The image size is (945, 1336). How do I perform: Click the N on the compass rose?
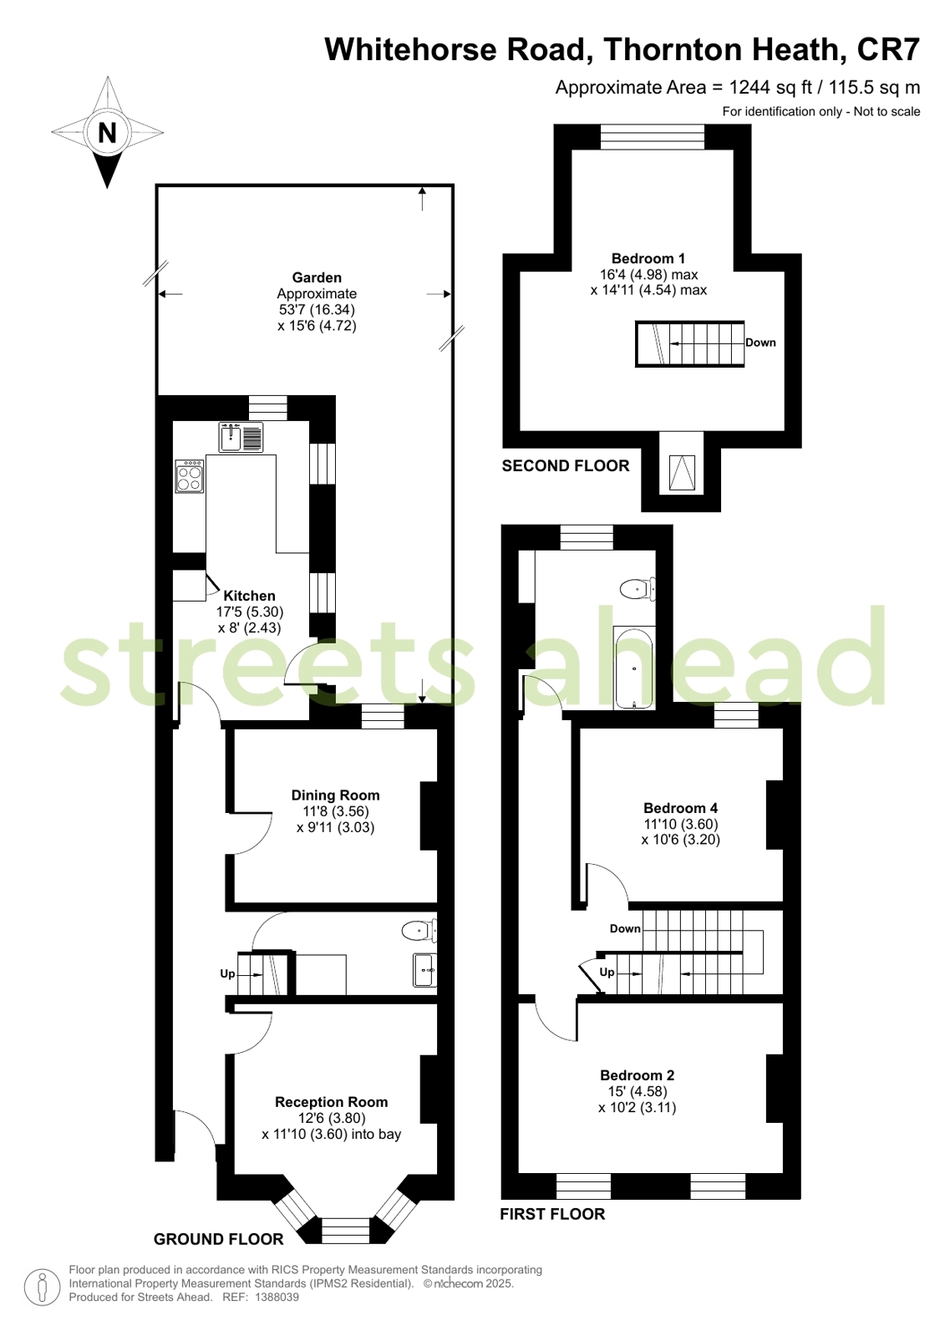108,132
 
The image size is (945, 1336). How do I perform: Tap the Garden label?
317,277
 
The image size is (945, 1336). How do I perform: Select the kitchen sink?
241,437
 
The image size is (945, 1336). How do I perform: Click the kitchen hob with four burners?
190,476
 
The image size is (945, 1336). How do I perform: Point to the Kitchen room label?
249,596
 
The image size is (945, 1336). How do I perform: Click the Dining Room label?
335,795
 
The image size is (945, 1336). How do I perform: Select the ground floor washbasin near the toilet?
424,970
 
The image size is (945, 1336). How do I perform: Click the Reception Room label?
331,1102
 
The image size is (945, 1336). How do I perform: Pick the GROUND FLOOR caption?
219,1239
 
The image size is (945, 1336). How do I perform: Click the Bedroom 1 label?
648,258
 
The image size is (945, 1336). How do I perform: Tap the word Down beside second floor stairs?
760,343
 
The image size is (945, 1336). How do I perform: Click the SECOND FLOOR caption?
566,466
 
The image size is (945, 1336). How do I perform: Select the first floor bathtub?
634,668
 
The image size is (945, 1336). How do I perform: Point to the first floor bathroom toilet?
638,590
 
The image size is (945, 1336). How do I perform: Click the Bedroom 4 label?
681,808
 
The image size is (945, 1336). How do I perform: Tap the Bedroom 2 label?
638,1075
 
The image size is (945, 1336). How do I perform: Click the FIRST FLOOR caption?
552,1214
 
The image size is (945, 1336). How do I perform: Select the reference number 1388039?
277,1298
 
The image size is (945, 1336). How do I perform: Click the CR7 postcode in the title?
888,49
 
